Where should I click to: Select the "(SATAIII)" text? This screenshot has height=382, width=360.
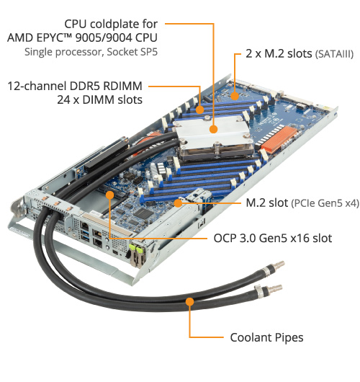pyautogui.click(x=334, y=54)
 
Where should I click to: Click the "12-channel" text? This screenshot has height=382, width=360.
pyautogui.click(x=37, y=86)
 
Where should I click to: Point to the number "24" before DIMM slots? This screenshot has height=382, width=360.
pyautogui.click(x=63, y=100)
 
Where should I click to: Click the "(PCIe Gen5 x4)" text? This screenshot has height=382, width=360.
pyautogui.click(x=325, y=203)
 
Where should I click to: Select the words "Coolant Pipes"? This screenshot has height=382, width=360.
pyautogui.click(x=267, y=337)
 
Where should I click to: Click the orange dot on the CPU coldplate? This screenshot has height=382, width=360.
pyautogui.click(x=213, y=129)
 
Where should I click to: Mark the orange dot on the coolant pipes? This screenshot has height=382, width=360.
pyautogui.click(x=189, y=301)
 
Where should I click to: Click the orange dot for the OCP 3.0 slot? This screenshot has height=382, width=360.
pyautogui.click(x=109, y=195)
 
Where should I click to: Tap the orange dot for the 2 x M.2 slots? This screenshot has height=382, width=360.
pyautogui.click(x=235, y=96)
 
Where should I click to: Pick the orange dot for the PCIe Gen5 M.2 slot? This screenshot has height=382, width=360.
pyautogui.click(x=178, y=203)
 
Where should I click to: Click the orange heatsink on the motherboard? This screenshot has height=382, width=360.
pyautogui.click(x=279, y=139)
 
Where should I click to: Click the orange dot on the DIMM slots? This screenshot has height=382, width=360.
pyautogui.click(x=200, y=110)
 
